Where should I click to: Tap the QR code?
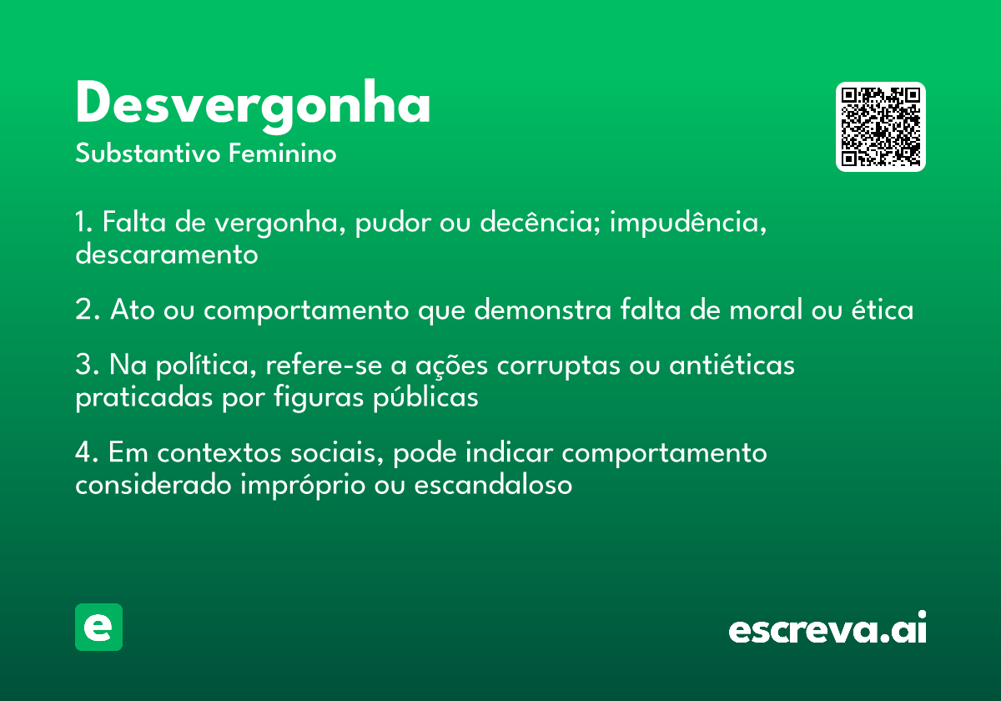pos(880,127)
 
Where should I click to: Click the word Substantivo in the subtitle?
pos(148,153)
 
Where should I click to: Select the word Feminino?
pos(283,153)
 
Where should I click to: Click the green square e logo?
pos(98,627)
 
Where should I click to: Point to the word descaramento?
pos(167,254)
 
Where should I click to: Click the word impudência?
pos(688,223)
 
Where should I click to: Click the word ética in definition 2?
pos(883,310)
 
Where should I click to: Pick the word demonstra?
pos(542,310)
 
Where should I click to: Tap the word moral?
pos(766,310)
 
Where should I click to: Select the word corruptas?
pos(559,366)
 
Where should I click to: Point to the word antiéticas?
pos(732,365)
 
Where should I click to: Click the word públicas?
pos(426,397)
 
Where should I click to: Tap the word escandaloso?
pos(493,485)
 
